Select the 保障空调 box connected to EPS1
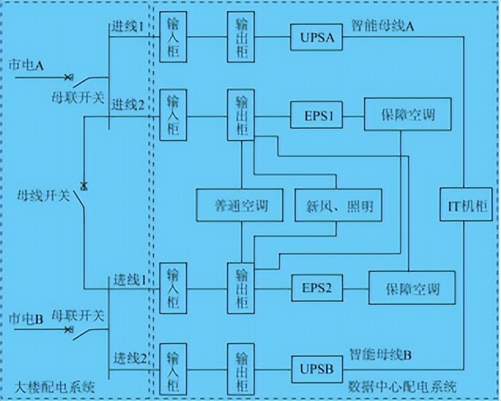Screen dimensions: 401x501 [400, 116]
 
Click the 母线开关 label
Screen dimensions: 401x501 [44, 195]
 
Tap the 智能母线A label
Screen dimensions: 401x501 [383, 26]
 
